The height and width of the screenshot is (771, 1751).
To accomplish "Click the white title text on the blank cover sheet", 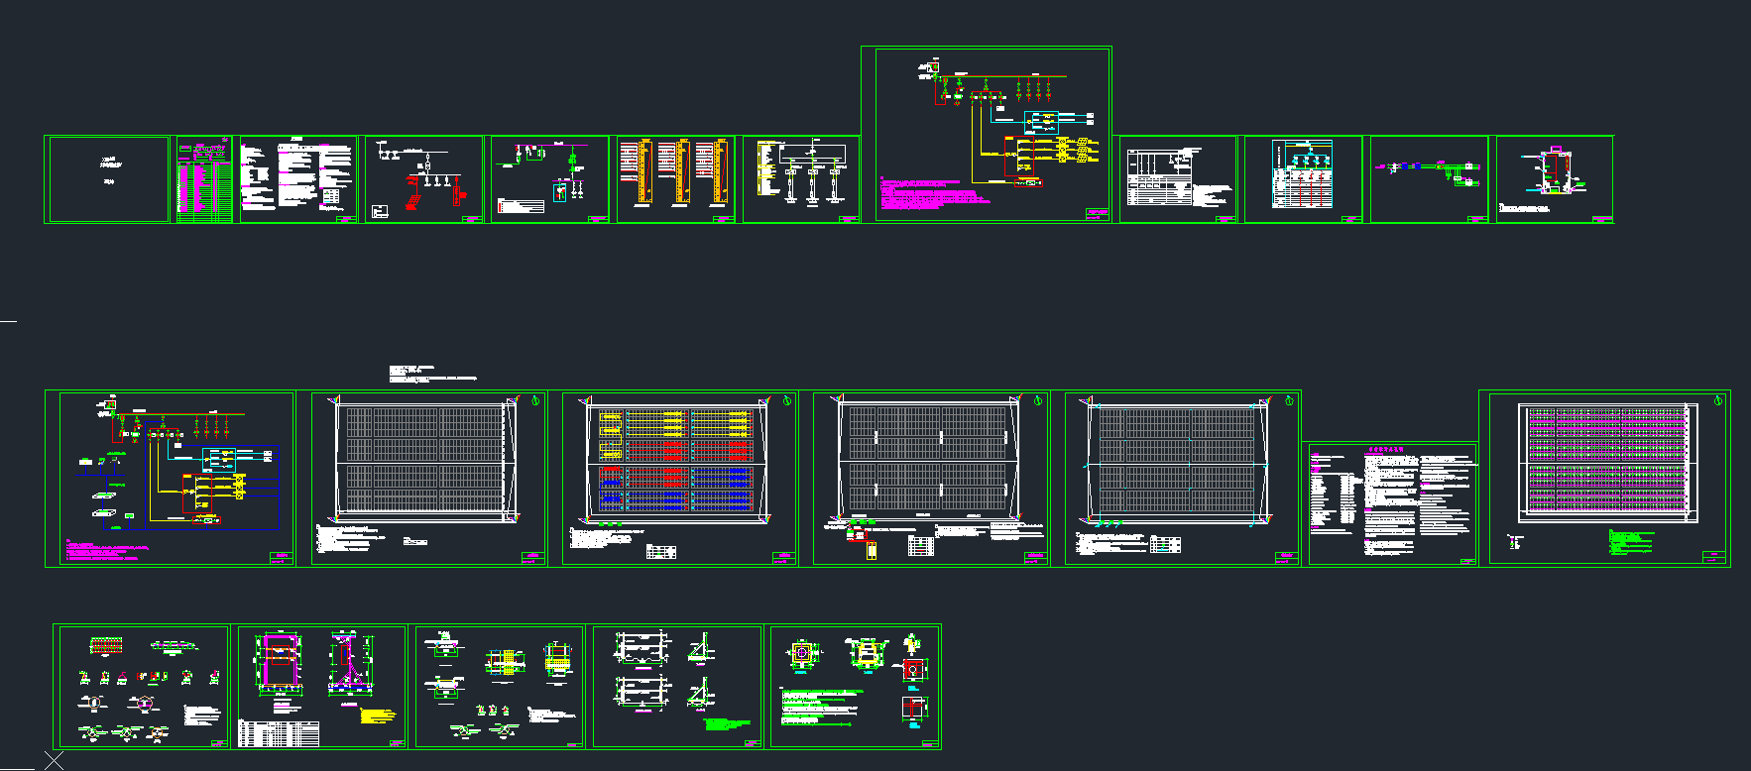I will (x=110, y=165).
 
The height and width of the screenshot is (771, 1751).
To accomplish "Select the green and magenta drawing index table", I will (x=204, y=180).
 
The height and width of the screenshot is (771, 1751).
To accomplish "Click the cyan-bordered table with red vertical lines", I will (x=1302, y=174).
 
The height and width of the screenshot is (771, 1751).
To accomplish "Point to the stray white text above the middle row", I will (x=432, y=374).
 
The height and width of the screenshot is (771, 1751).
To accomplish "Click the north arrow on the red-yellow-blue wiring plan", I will (x=787, y=401).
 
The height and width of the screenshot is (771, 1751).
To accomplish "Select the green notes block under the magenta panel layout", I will (x=1631, y=540).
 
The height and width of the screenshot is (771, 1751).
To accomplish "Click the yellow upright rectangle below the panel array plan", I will (x=872, y=548).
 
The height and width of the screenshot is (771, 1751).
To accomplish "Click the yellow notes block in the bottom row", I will (x=378, y=716).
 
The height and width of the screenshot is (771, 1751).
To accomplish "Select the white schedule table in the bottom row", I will (x=279, y=733).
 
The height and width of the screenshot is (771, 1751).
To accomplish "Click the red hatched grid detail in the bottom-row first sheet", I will (x=106, y=646).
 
